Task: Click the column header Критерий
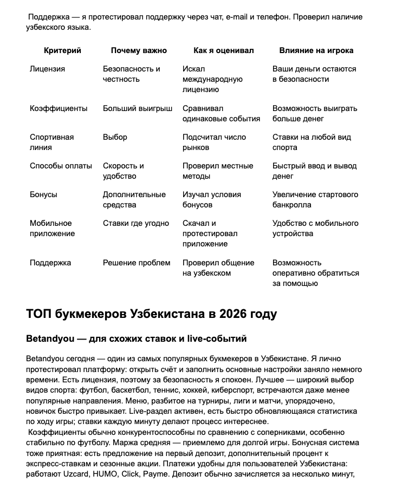point(62,50)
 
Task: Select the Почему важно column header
point(139,50)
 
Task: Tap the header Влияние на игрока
point(316,50)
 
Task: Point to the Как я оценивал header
point(223,50)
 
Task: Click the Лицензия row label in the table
point(47,69)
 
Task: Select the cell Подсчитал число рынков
point(214,142)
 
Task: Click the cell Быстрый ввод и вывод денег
point(314,171)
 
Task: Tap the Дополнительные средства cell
point(134,199)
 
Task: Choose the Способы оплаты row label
point(61,166)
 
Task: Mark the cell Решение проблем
point(137,263)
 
